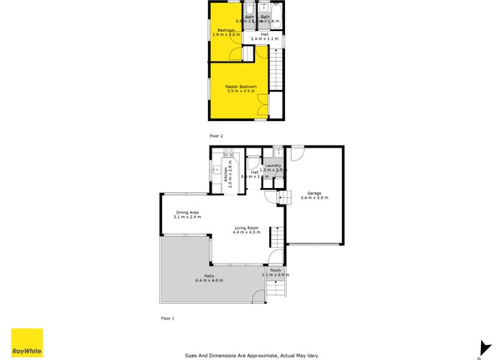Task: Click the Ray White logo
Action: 27,343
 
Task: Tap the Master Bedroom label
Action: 240,87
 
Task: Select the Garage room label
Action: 314,193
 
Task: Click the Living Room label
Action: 246,229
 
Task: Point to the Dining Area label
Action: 186,212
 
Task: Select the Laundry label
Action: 273,166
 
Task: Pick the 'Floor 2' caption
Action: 217,135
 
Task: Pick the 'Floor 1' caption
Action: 167,318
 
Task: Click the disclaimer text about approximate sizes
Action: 252,354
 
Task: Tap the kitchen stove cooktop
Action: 229,153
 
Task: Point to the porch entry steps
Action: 275,289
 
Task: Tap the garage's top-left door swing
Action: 297,153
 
